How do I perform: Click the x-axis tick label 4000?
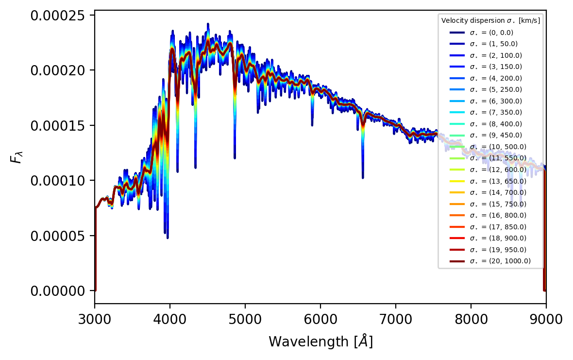point(170,319)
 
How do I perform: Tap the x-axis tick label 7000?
point(396,319)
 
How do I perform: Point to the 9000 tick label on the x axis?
point(546,319)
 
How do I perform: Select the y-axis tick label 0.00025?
point(61,16)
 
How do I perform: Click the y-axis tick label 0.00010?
point(61,180)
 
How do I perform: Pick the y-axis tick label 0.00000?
point(61,291)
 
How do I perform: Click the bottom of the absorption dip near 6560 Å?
point(363,178)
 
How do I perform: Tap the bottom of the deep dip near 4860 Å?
point(235,158)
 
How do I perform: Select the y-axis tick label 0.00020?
point(61,70)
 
